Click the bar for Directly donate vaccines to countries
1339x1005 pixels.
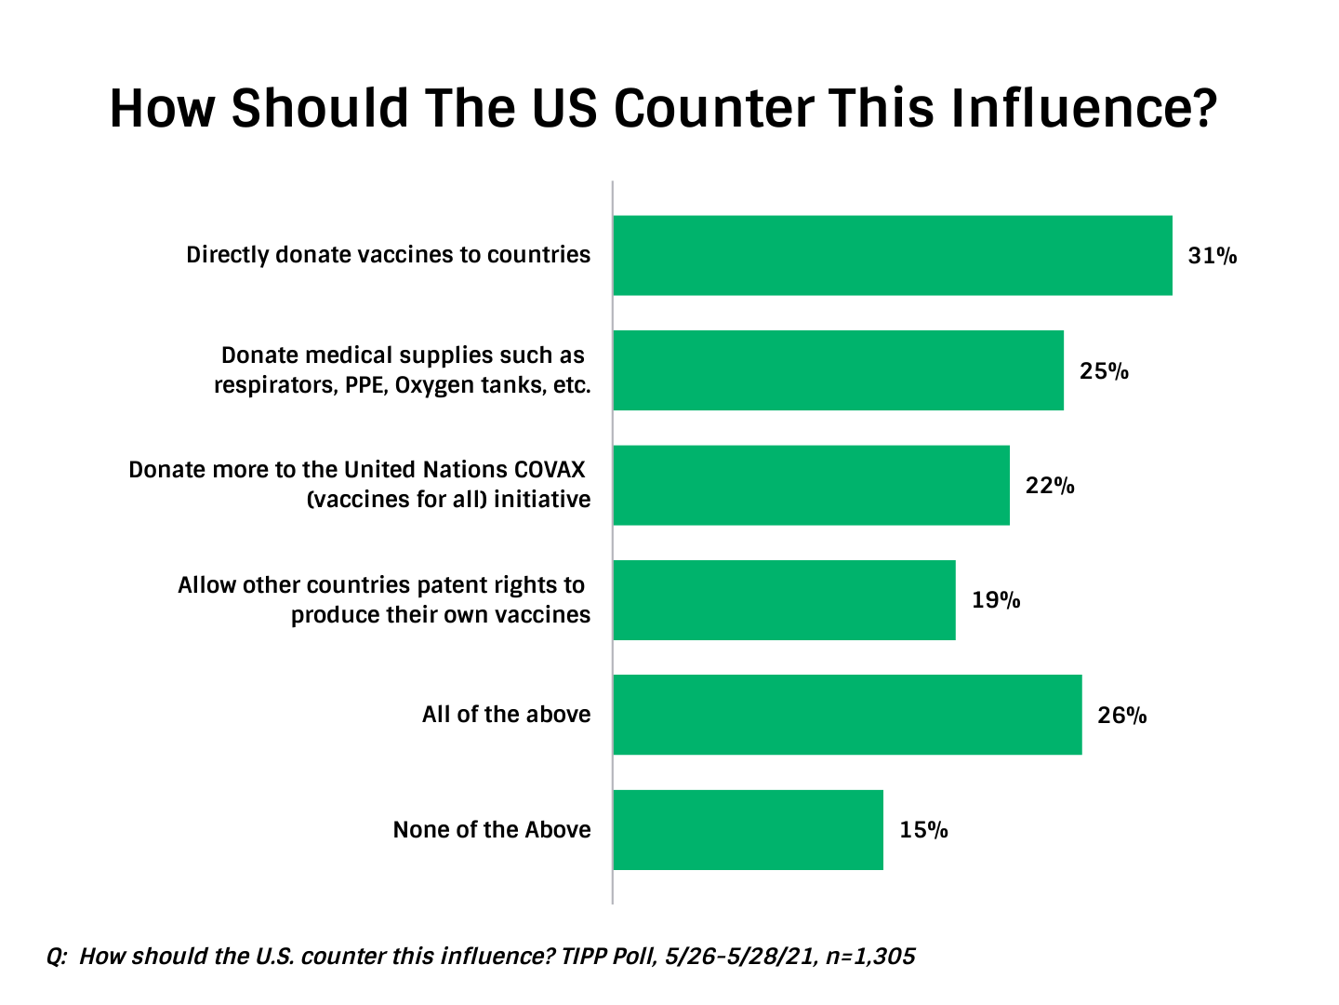893,255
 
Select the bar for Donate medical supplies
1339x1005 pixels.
838,370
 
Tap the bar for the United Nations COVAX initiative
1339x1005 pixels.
811,485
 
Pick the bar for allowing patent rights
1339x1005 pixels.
784,600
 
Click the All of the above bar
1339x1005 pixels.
847,715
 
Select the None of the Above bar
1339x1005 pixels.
748,830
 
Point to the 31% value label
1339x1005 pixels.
1213,256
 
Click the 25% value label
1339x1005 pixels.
1104,371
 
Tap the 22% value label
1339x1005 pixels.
1050,486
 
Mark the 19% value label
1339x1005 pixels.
996,600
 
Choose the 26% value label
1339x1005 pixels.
1122,716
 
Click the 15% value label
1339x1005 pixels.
923,830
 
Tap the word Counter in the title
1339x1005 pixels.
714,108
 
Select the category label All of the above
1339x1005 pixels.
506,715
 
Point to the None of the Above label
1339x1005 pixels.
492,830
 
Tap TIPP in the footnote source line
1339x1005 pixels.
584,957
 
